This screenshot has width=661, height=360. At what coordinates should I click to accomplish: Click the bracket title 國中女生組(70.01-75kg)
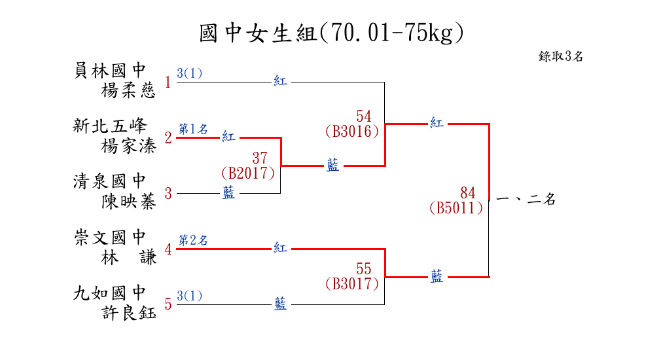coord(331,33)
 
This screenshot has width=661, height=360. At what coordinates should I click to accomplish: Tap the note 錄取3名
coord(561,56)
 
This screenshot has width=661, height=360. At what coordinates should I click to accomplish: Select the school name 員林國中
coord(110,70)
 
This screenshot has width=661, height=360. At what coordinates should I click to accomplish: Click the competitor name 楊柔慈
coord(129,90)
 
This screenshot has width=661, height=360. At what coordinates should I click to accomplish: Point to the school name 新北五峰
coord(110,126)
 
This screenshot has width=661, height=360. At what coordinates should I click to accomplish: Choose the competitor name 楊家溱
coord(129,146)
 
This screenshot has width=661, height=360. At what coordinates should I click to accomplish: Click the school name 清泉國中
coord(110,181)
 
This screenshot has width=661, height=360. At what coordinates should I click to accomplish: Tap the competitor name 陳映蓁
coord(129,202)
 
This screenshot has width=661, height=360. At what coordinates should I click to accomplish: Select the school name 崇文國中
coord(110,237)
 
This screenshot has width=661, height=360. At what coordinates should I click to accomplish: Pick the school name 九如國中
coord(110,293)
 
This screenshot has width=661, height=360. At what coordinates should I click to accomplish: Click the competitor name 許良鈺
coord(129,313)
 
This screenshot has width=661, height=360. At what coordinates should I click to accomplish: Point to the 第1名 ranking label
coord(193,129)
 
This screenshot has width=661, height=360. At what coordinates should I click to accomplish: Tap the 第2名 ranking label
coord(193,240)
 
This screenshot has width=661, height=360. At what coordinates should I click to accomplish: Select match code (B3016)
coord(351,131)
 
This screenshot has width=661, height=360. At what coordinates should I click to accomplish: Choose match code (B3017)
coord(351,284)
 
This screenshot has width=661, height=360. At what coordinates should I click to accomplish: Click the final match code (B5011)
coord(456,208)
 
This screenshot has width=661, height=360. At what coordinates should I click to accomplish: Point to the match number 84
coord(467,193)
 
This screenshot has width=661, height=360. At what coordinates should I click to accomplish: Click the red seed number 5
coord(168,304)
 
